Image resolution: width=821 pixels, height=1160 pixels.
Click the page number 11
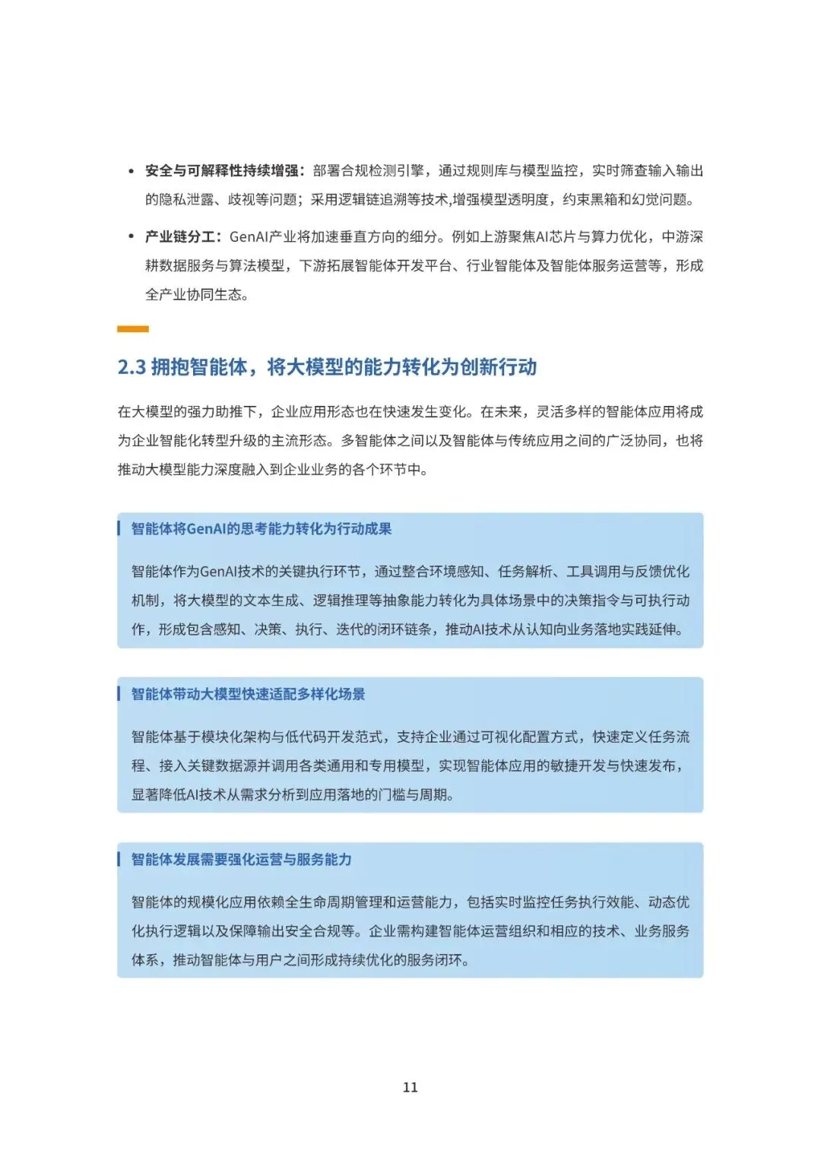[410, 1087]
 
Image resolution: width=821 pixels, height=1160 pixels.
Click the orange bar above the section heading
[133, 329]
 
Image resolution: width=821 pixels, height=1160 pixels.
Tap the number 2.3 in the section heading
[132, 368]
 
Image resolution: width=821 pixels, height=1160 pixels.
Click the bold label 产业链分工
[179, 237]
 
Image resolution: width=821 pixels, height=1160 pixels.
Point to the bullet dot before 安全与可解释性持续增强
[131, 172]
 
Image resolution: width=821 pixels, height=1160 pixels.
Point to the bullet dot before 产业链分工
[131, 237]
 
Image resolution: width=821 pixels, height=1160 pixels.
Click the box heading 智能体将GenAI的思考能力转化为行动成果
[262, 529]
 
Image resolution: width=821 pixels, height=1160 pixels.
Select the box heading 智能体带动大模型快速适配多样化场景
[248, 694]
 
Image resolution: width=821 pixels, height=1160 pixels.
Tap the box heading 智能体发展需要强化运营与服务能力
[241, 860]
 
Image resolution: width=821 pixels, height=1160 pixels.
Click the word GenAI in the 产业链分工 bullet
[249, 237]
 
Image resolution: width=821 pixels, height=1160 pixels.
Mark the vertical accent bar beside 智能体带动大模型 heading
[119, 694]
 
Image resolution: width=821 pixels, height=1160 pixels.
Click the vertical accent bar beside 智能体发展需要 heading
[119, 860]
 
